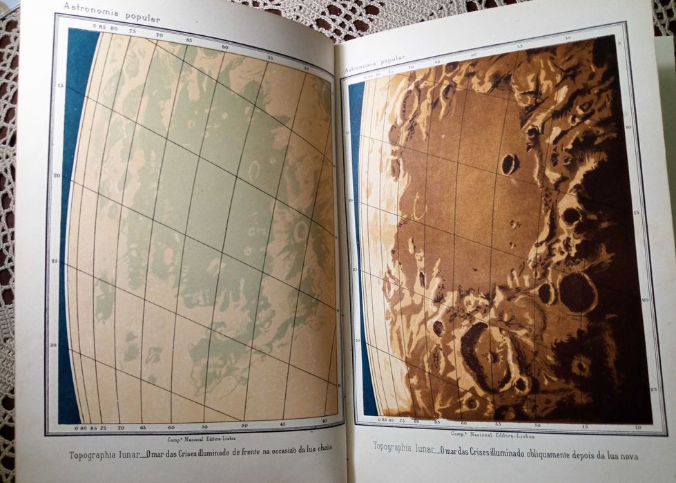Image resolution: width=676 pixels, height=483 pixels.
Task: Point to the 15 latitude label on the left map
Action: pos(60,85)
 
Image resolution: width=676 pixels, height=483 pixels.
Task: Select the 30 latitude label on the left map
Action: pos(54,344)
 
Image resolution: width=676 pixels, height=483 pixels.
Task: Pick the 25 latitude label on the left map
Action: pos(56,261)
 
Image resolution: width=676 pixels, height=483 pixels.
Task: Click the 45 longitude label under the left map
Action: pos(282,424)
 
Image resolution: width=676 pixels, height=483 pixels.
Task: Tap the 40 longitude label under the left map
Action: pos(325,421)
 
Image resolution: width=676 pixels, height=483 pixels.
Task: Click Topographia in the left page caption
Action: pos(93,455)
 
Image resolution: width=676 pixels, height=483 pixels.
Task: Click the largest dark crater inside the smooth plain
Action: pos(510,164)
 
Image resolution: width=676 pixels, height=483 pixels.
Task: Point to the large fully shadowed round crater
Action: pos(577,292)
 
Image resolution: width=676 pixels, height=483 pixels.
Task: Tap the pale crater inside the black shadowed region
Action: pos(580,366)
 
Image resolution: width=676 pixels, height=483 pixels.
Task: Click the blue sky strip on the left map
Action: pos(70,221)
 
